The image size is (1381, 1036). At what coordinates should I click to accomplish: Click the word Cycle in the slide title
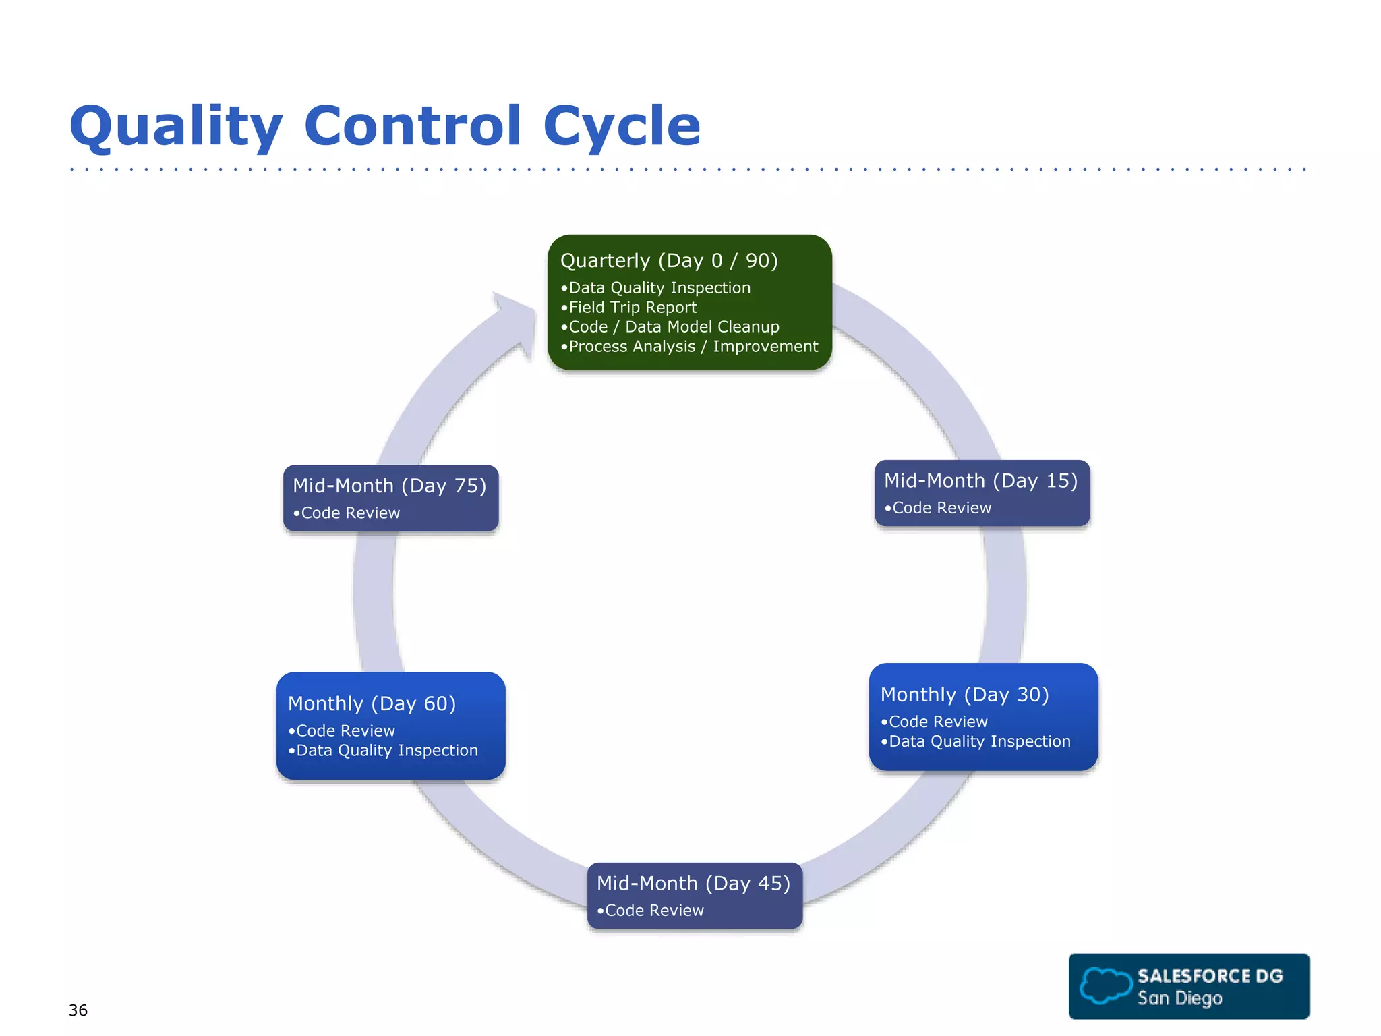pyautogui.click(x=621, y=126)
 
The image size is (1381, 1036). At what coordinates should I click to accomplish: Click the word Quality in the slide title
pyautogui.click(x=176, y=126)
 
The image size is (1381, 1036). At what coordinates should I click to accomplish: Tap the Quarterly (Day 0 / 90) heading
pyautogui.click(x=669, y=260)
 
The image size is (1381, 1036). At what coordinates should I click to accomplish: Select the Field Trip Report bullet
pyautogui.click(x=633, y=308)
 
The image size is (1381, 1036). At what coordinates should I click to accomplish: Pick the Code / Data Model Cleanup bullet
pyautogui.click(x=674, y=327)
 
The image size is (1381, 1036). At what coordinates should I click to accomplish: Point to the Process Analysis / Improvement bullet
pyautogui.click(x=693, y=347)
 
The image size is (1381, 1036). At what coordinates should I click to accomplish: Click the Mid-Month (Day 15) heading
pyautogui.click(x=980, y=481)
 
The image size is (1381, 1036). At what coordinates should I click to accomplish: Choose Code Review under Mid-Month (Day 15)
pyautogui.click(x=941, y=508)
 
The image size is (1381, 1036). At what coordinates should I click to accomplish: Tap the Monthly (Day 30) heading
pyautogui.click(x=964, y=695)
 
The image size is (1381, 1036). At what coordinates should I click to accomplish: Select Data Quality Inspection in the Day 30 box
pyautogui.click(x=979, y=741)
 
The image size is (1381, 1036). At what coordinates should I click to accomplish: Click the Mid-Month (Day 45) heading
pyautogui.click(x=693, y=884)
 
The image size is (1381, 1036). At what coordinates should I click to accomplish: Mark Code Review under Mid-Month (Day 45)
pyautogui.click(x=654, y=911)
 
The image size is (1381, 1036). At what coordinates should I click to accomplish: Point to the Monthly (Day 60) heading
pyautogui.click(x=372, y=703)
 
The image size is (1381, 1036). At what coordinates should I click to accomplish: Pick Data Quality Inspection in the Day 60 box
pyautogui.click(x=386, y=751)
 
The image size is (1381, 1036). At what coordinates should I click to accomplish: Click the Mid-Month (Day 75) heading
pyautogui.click(x=389, y=486)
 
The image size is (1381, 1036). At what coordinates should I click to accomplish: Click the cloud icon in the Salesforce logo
pyautogui.click(x=1105, y=985)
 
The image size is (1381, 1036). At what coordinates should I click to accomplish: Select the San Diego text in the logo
pyautogui.click(x=1179, y=998)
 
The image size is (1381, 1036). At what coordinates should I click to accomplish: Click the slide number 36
pyautogui.click(x=78, y=1010)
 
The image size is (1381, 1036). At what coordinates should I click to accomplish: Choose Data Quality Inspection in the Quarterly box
pyautogui.click(x=659, y=288)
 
